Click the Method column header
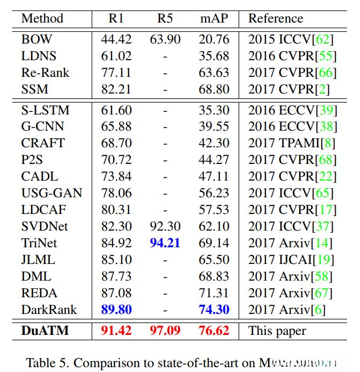pyautogui.click(x=42, y=18)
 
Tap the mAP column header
pyautogui.click(x=214, y=18)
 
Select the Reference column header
pyautogui.click(x=276, y=18)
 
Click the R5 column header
pyautogui.click(x=165, y=18)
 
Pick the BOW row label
pyautogui.click(x=33, y=39)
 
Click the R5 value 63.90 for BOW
pyautogui.click(x=165, y=39)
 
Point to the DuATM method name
pyautogui.click(x=45, y=330)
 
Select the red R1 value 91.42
pyautogui.click(x=116, y=330)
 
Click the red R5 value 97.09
pyautogui.click(x=165, y=330)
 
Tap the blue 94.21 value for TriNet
pyautogui.click(x=165, y=243)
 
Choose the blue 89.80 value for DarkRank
pyautogui.click(x=116, y=310)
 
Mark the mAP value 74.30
pyautogui.click(x=214, y=310)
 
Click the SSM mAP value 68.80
pyautogui.click(x=214, y=89)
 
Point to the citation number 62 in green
pyautogui.click(x=324, y=39)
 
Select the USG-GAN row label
pyautogui.click(x=52, y=193)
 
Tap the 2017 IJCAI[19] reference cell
pyautogui.click(x=291, y=260)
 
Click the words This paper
pyautogui.click(x=277, y=331)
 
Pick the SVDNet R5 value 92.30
pyautogui.click(x=165, y=226)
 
